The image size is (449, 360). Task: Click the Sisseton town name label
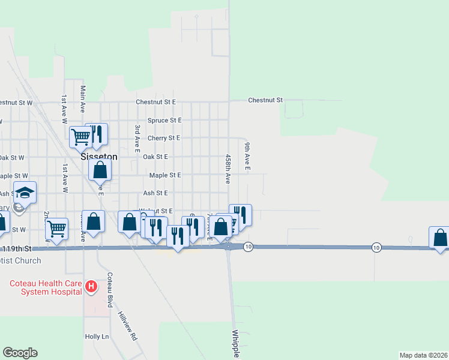pyautogui.click(x=99, y=156)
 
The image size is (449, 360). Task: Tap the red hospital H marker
pyautogui.click(x=91, y=287)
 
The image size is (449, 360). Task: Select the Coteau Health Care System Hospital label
pyautogui.click(x=44, y=287)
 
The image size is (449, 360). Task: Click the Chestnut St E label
pyautogui.click(x=155, y=102)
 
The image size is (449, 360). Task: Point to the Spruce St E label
pyautogui.click(x=164, y=120)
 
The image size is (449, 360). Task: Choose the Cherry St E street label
pyautogui.click(x=164, y=138)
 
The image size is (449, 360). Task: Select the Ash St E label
pyautogui.click(x=155, y=193)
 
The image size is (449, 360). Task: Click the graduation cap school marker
pyautogui.click(x=25, y=193)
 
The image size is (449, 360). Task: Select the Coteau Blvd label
pyautogui.click(x=110, y=290)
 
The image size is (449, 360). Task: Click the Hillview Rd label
pyautogui.click(x=128, y=325)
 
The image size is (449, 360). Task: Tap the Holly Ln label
pyautogui.click(x=97, y=337)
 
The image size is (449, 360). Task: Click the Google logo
pyautogui.click(x=20, y=353)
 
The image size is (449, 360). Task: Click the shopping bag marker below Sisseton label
pyautogui.click(x=100, y=170)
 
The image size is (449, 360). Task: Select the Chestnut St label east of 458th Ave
pyautogui.click(x=265, y=100)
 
